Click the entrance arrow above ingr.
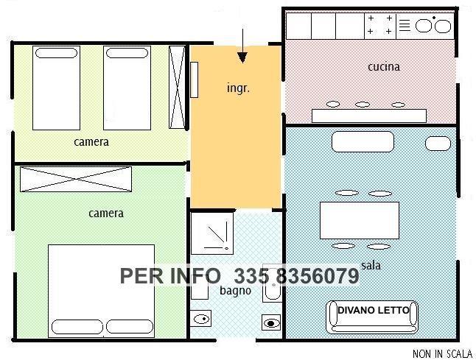[242, 46]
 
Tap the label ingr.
[238, 88]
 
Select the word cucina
[384, 67]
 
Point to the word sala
[371, 265]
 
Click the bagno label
[235, 291]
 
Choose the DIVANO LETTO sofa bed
[372, 317]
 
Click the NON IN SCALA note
[442, 353]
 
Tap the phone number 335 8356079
[297, 276]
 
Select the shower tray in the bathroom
[212, 233]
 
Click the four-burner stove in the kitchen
[380, 26]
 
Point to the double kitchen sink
[433, 26]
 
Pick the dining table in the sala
[360, 220]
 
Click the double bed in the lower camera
[101, 291]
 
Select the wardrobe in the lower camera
[76, 179]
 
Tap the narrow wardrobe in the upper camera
[177, 88]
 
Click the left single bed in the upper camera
[56, 88]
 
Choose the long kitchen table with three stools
[369, 116]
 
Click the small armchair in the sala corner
[438, 144]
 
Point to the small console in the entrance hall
[195, 80]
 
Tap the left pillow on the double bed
[77, 327]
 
